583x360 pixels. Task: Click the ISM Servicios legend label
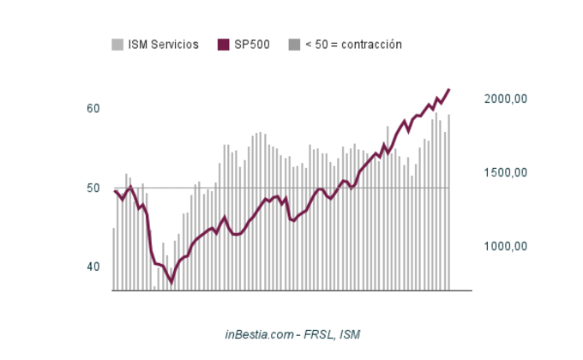[x=163, y=45]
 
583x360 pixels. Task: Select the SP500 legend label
[x=252, y=45]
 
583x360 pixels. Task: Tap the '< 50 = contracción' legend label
[x=353, y=45]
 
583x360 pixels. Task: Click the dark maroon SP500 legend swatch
[x=225, y=45]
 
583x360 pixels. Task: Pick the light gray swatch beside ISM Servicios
[x=117, y=45]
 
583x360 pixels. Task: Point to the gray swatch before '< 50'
[x=294, y=45]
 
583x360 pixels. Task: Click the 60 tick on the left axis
[x=93, y=109]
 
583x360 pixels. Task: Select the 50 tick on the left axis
[x=93, y=188]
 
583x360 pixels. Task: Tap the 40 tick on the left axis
[x=93, y=267]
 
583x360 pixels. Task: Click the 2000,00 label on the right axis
[x=505, y=99]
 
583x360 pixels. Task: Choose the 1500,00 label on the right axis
[x=505, y=173]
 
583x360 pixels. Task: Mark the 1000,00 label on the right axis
[x=505, y=247]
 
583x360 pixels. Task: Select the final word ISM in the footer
[x=350, y=334]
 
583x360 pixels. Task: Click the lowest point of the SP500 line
[x=171, y=281]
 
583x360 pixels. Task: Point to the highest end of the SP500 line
[x=448, y=90]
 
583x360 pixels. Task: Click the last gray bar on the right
[x=448, y=202]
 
